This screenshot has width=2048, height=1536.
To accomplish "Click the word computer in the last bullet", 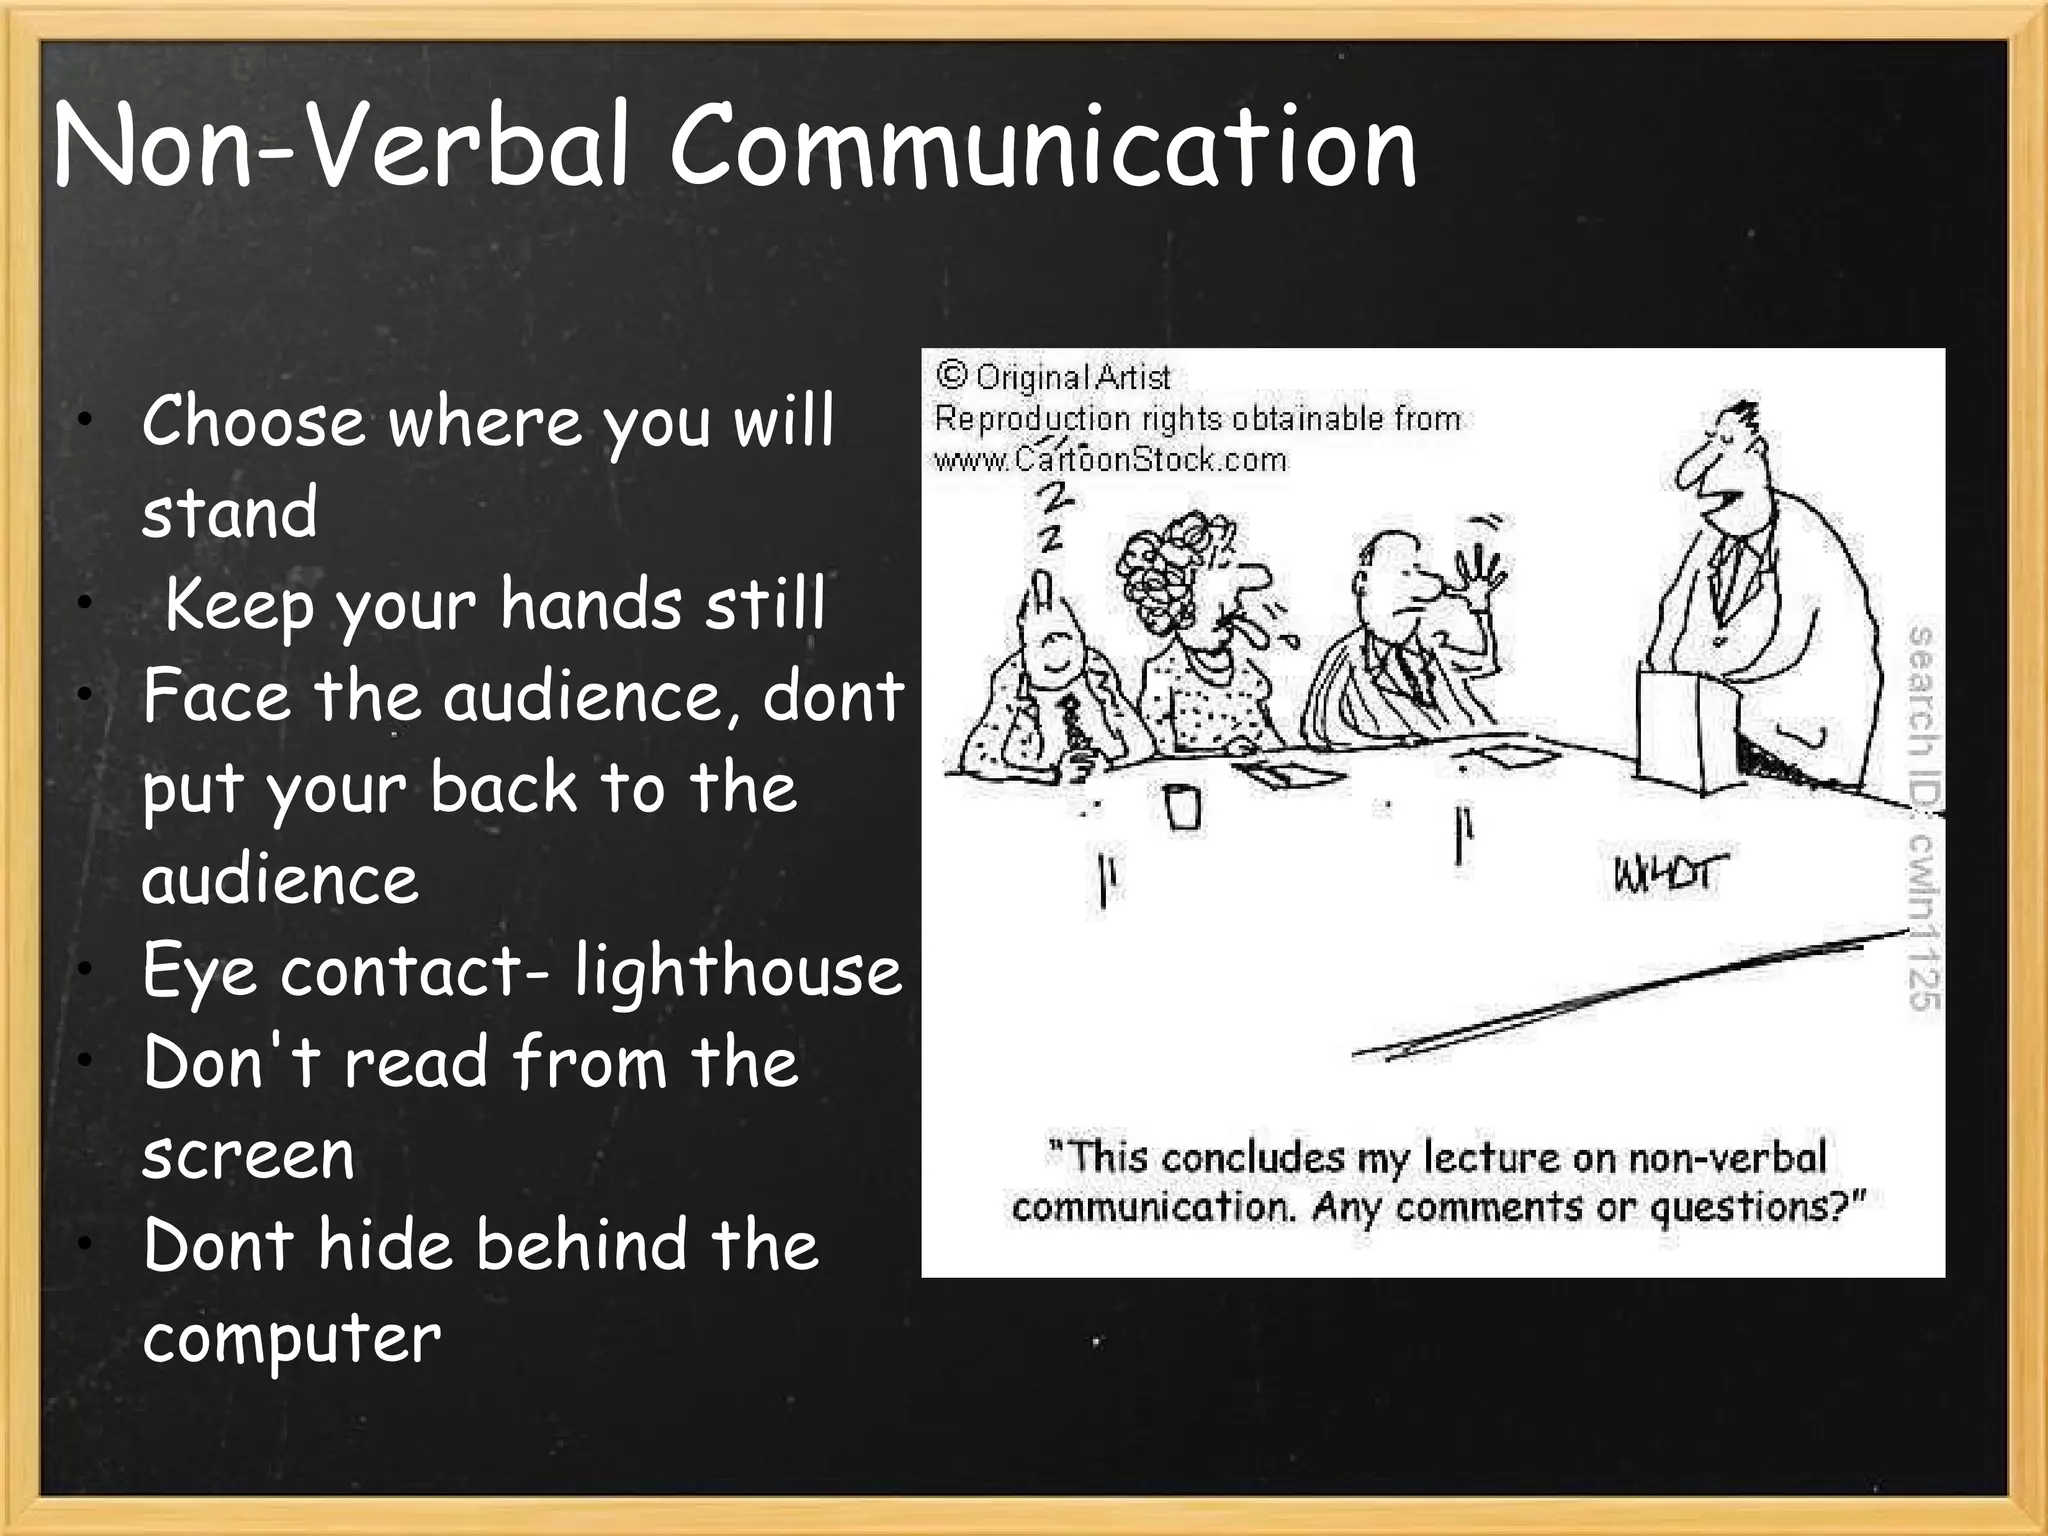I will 291,1338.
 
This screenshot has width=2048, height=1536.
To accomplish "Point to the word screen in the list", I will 248,1155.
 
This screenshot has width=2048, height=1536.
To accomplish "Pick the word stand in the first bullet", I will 229,512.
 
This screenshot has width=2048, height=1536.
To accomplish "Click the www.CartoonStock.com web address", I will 1110,459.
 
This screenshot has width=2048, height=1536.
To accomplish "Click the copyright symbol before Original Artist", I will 951,376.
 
